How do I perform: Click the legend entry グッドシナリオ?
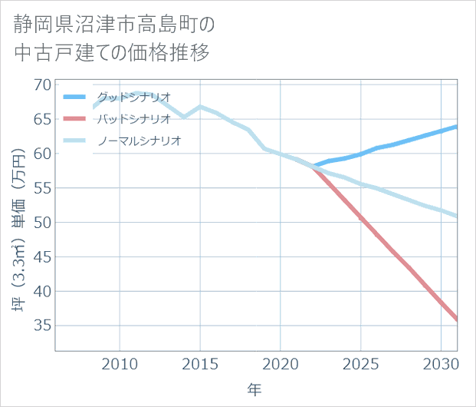tap(134, 97)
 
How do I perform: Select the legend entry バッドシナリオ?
tap(134, 119)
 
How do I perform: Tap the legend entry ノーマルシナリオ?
tap(140, 141)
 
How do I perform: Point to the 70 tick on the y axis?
tap(42, 84)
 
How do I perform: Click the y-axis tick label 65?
tap(42, 119)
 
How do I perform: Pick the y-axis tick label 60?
tap(42, 154)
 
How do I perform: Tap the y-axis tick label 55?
tap(42, 188)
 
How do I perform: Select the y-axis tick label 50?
tap(42, 223)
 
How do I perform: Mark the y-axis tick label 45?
tap(42, 257)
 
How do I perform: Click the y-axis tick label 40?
tap(42, 292)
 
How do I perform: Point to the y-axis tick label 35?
tap(42, 326)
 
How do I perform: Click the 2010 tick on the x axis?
tap(120, 362)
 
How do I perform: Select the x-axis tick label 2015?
tap(200, 362)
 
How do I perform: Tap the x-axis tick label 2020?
tap(281, 362)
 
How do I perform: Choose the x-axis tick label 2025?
tap(361, 362)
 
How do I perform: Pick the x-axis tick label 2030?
tap(442, 362)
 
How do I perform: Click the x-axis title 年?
tap(255, 390)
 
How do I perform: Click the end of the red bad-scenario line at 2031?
tap(457, 319)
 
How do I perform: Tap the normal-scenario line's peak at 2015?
tap(200, 107)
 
